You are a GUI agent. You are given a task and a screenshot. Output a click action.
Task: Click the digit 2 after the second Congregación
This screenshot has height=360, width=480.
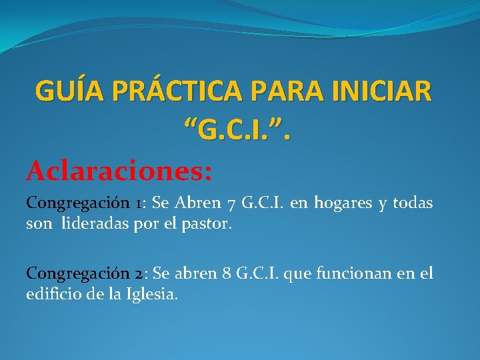point(137,274)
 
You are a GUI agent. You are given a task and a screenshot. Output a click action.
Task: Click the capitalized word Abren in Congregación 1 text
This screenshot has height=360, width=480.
point(198,203)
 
